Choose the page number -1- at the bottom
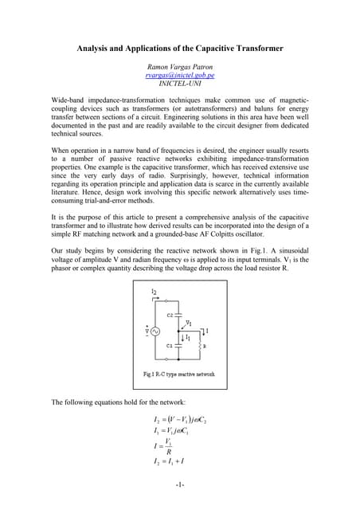pos(180,484)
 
